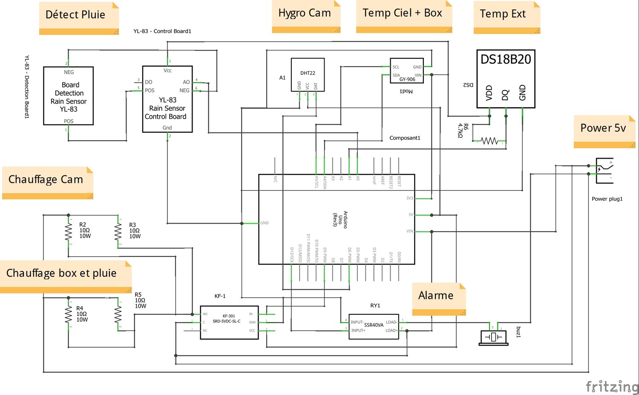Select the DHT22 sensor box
click(308, 75)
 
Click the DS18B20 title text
click(506, 59)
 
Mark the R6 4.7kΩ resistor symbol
click(489, 141)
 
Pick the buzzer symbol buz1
click(493, 337)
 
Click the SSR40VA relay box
click(374, 326)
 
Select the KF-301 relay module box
click(229, 322)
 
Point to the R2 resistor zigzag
click(68, 232)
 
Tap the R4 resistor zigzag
click(68, 315)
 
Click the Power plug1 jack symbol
click(604, 171)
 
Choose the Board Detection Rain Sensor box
click(69, 96)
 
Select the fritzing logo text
click(612, 386)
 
